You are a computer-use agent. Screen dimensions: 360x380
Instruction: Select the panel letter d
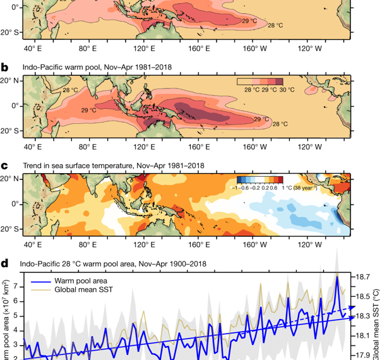coord(5,263)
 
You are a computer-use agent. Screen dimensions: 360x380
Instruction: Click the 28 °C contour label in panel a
coord(276,25)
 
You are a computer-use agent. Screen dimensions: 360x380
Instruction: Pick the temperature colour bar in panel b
coord(259,81)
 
